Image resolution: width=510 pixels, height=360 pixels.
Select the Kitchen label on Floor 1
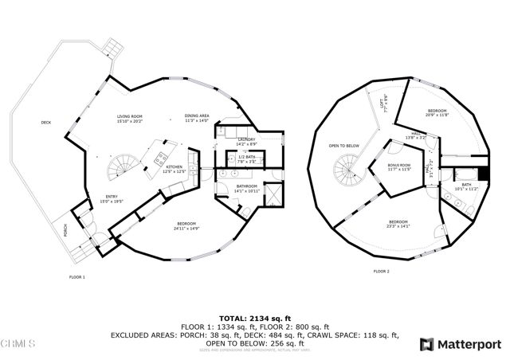pos(174,169)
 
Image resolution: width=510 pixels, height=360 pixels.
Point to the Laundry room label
pos(246,143)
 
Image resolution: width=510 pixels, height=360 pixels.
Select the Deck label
pos(46,123)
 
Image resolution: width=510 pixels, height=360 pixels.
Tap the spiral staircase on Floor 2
pos(347,168)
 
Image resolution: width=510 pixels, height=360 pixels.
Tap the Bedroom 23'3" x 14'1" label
pos(400,224)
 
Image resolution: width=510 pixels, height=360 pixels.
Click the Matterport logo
pos(461,343)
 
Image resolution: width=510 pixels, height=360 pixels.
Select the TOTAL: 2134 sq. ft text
pos(255,316)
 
